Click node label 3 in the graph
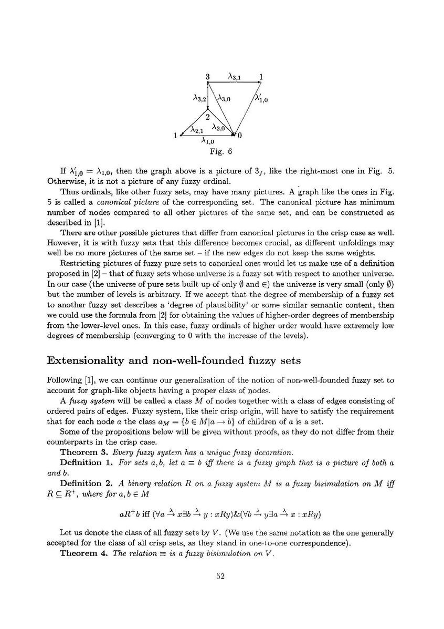(208, 77)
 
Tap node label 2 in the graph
(207, 117)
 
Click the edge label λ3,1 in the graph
(234, 77)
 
